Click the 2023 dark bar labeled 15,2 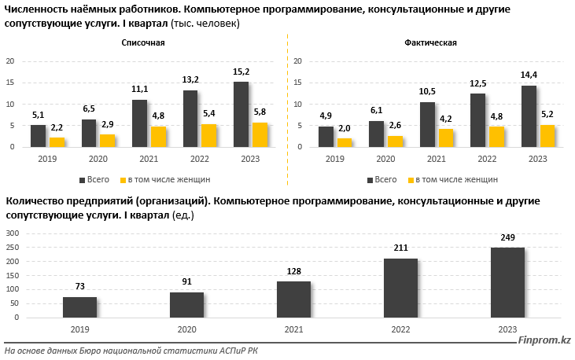pos(241,114)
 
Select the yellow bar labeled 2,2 pos(57,142)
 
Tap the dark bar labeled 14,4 pos(529,116)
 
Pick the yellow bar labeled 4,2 pos(445,138)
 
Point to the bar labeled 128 pos(293,299)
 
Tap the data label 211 pos(400,249)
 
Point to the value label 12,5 pos(477,83)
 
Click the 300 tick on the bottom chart pos(13,233)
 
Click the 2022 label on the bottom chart pos(400,330)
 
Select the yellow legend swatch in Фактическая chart pos(408,179)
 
